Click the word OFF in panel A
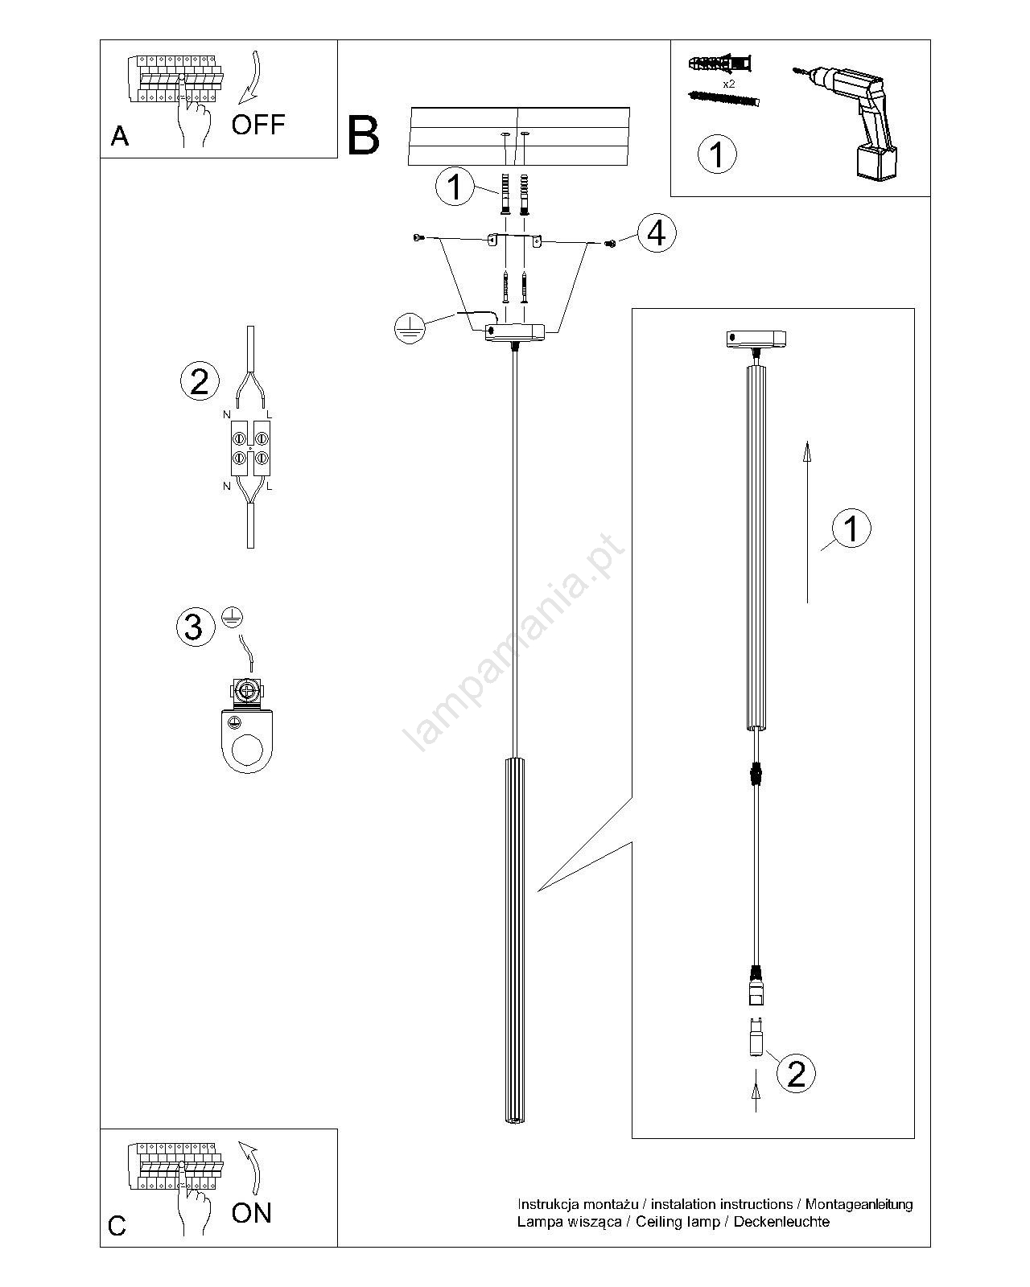click(257, 125)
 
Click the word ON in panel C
click(252, 1212)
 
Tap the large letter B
click(364, 135)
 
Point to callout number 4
click(657, 234)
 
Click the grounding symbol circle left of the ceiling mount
click(411, 327)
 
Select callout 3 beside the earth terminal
click(194, 627)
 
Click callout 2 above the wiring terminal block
click(199, 380)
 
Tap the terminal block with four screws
click(250, 448)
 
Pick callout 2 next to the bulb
click(795, 1073)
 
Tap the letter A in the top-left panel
click(120, 137)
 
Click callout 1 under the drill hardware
click(716, 154)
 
